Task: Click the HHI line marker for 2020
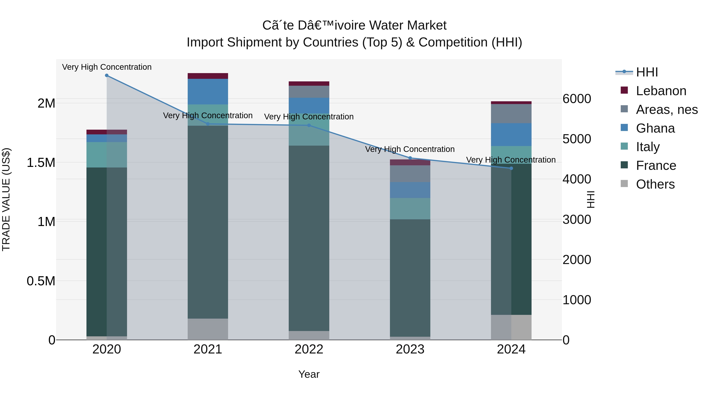click(107, 75)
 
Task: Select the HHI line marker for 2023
click(410, 158)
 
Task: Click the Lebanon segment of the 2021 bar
click(208, 76)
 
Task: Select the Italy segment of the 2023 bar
click(410, 208)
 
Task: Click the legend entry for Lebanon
click(661, 91)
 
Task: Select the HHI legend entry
click(647, 72)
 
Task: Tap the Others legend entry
click(655, 184)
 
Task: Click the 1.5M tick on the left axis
click(41, 163)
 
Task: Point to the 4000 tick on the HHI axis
click(577, 179)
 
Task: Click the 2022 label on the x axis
click(309, 349)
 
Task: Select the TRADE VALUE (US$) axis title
click(6, 199)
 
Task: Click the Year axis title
click(309, 374)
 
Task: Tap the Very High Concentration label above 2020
click(107, 67)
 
